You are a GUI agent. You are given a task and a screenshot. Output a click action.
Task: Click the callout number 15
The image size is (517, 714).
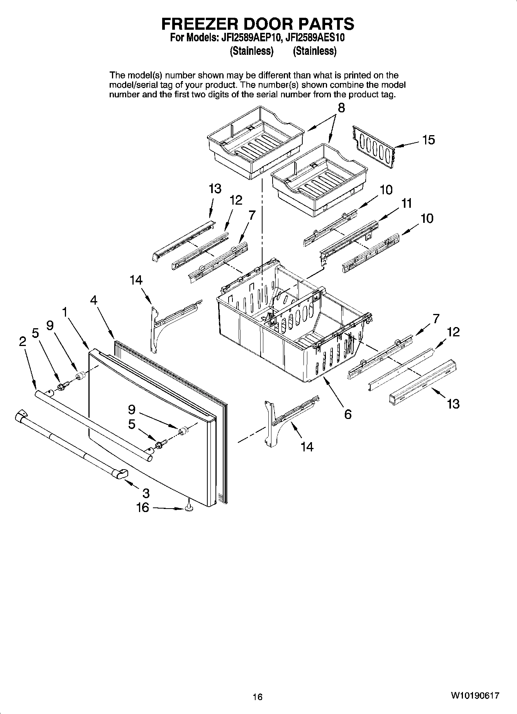pos(428,140)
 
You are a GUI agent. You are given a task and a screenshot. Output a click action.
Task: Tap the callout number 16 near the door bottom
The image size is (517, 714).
pos(142,507)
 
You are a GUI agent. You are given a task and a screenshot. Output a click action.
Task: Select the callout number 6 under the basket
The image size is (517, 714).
pos(347,414)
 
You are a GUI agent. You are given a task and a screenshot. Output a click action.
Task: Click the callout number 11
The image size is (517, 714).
pos(407,203)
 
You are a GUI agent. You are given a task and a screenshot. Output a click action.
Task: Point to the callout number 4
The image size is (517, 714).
pos(94,300)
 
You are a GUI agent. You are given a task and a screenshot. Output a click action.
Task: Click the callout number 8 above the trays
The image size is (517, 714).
pos(341,108)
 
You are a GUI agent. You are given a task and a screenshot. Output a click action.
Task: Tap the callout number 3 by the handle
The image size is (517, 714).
pos(146,493)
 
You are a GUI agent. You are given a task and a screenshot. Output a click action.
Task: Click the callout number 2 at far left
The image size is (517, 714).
pos(23,341)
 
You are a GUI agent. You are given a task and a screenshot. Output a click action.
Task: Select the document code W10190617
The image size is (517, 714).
pos(475,695)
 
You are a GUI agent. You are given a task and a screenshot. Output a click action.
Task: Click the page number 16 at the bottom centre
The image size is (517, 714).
pos(258,697)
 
